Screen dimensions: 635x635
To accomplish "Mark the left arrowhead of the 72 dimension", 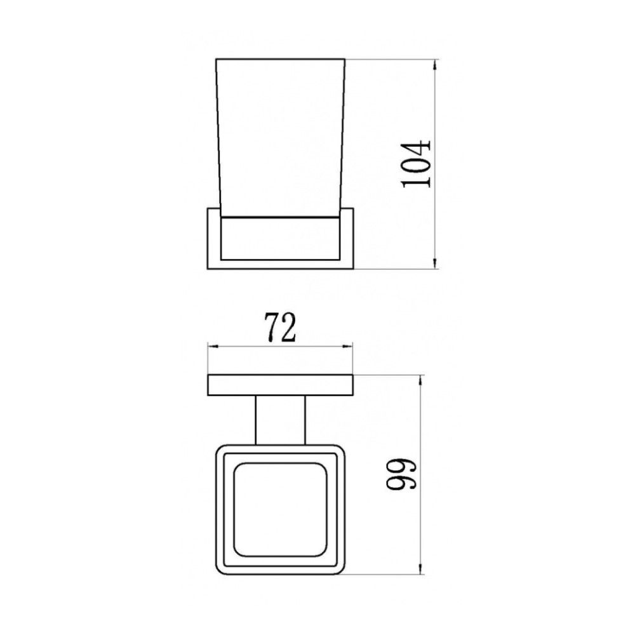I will click(212, 347).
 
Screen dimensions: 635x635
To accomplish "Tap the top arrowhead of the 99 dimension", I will click(421, 378).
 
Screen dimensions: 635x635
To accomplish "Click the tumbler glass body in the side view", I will click(281, 140).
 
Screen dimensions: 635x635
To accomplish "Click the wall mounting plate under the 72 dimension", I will click(281, 385).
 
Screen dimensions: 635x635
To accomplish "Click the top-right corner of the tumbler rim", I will click(346, 60).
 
